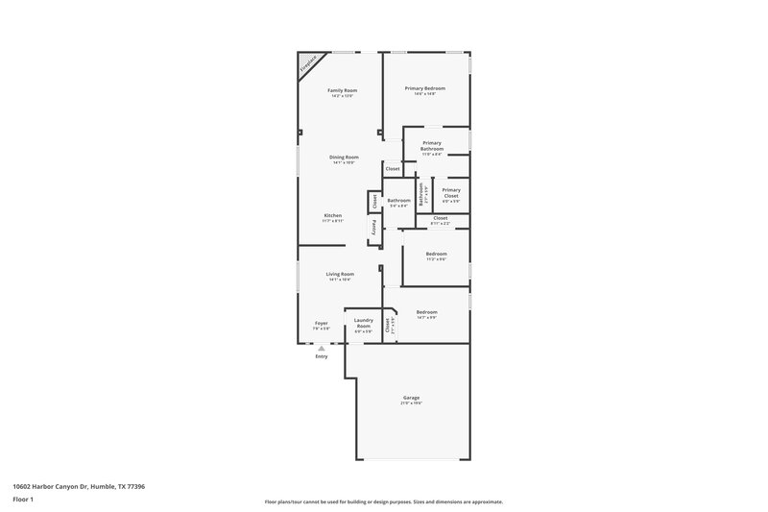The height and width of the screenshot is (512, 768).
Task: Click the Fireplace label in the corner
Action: click(307, 65)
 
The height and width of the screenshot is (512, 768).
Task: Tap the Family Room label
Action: click(343, 90)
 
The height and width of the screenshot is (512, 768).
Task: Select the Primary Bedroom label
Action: click(424, 88)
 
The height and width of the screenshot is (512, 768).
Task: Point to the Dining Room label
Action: click(344, 158)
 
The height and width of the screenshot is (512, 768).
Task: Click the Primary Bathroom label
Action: click(432, 146)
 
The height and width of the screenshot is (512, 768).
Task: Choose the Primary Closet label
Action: click(451, 192)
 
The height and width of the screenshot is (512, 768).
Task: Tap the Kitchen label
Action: click(333, 215)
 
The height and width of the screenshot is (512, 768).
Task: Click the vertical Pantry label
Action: click(374, 228)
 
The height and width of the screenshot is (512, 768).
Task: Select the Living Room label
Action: click(340, 274)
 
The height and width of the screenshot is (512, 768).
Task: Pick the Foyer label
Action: click(322, 323)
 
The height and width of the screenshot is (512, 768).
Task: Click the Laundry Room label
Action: click(363, 323)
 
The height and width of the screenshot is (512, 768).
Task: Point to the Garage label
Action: click(411, 398)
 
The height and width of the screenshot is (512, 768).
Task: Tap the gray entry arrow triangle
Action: click(322, 349)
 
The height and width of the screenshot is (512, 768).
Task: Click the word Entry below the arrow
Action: click(322, 356)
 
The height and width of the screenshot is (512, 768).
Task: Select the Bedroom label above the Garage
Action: click(426, 312)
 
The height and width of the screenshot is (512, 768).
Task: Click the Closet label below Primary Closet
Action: click(440, 218)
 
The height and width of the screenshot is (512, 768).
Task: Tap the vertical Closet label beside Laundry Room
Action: click(389, 326)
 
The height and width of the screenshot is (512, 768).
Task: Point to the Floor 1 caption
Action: click(23, 500)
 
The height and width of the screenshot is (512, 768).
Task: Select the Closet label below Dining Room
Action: click(393, 169)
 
